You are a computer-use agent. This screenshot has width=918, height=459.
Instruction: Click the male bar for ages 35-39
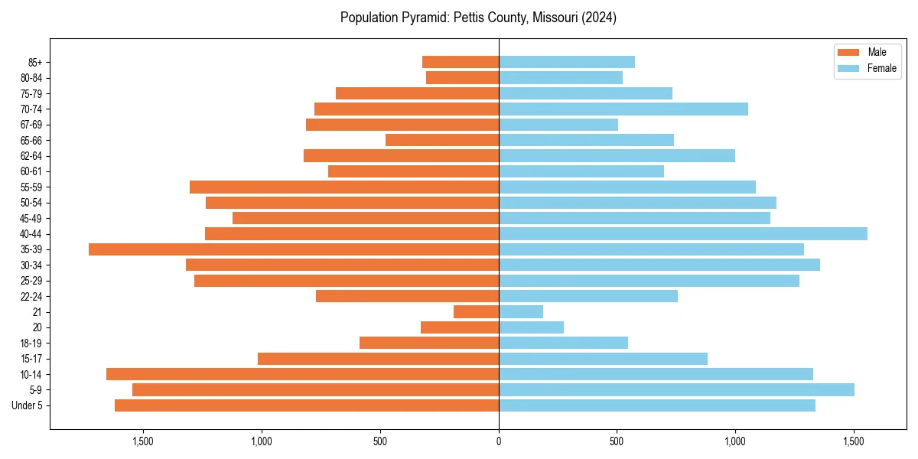294,249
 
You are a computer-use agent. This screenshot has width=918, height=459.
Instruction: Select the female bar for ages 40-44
683,234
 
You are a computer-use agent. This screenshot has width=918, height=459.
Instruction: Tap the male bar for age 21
476,312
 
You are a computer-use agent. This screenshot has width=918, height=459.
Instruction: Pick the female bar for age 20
531,327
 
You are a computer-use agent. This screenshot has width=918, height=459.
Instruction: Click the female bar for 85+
567,62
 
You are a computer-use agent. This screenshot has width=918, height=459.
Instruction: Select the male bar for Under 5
307,405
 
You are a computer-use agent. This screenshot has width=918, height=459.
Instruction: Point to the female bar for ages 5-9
676,390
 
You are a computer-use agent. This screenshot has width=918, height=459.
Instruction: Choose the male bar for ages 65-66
442,140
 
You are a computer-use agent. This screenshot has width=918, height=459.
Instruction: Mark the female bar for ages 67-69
558,125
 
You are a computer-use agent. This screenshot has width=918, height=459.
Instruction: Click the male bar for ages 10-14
302,374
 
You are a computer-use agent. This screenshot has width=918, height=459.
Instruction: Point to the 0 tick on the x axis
499,441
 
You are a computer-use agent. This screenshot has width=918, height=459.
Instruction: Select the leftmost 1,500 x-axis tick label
143,441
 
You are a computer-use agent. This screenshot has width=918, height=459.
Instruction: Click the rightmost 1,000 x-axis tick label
735,441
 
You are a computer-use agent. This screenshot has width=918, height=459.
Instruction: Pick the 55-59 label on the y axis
31,187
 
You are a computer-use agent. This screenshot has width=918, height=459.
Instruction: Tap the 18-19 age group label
31,343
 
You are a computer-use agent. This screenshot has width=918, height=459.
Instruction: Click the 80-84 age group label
31,78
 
